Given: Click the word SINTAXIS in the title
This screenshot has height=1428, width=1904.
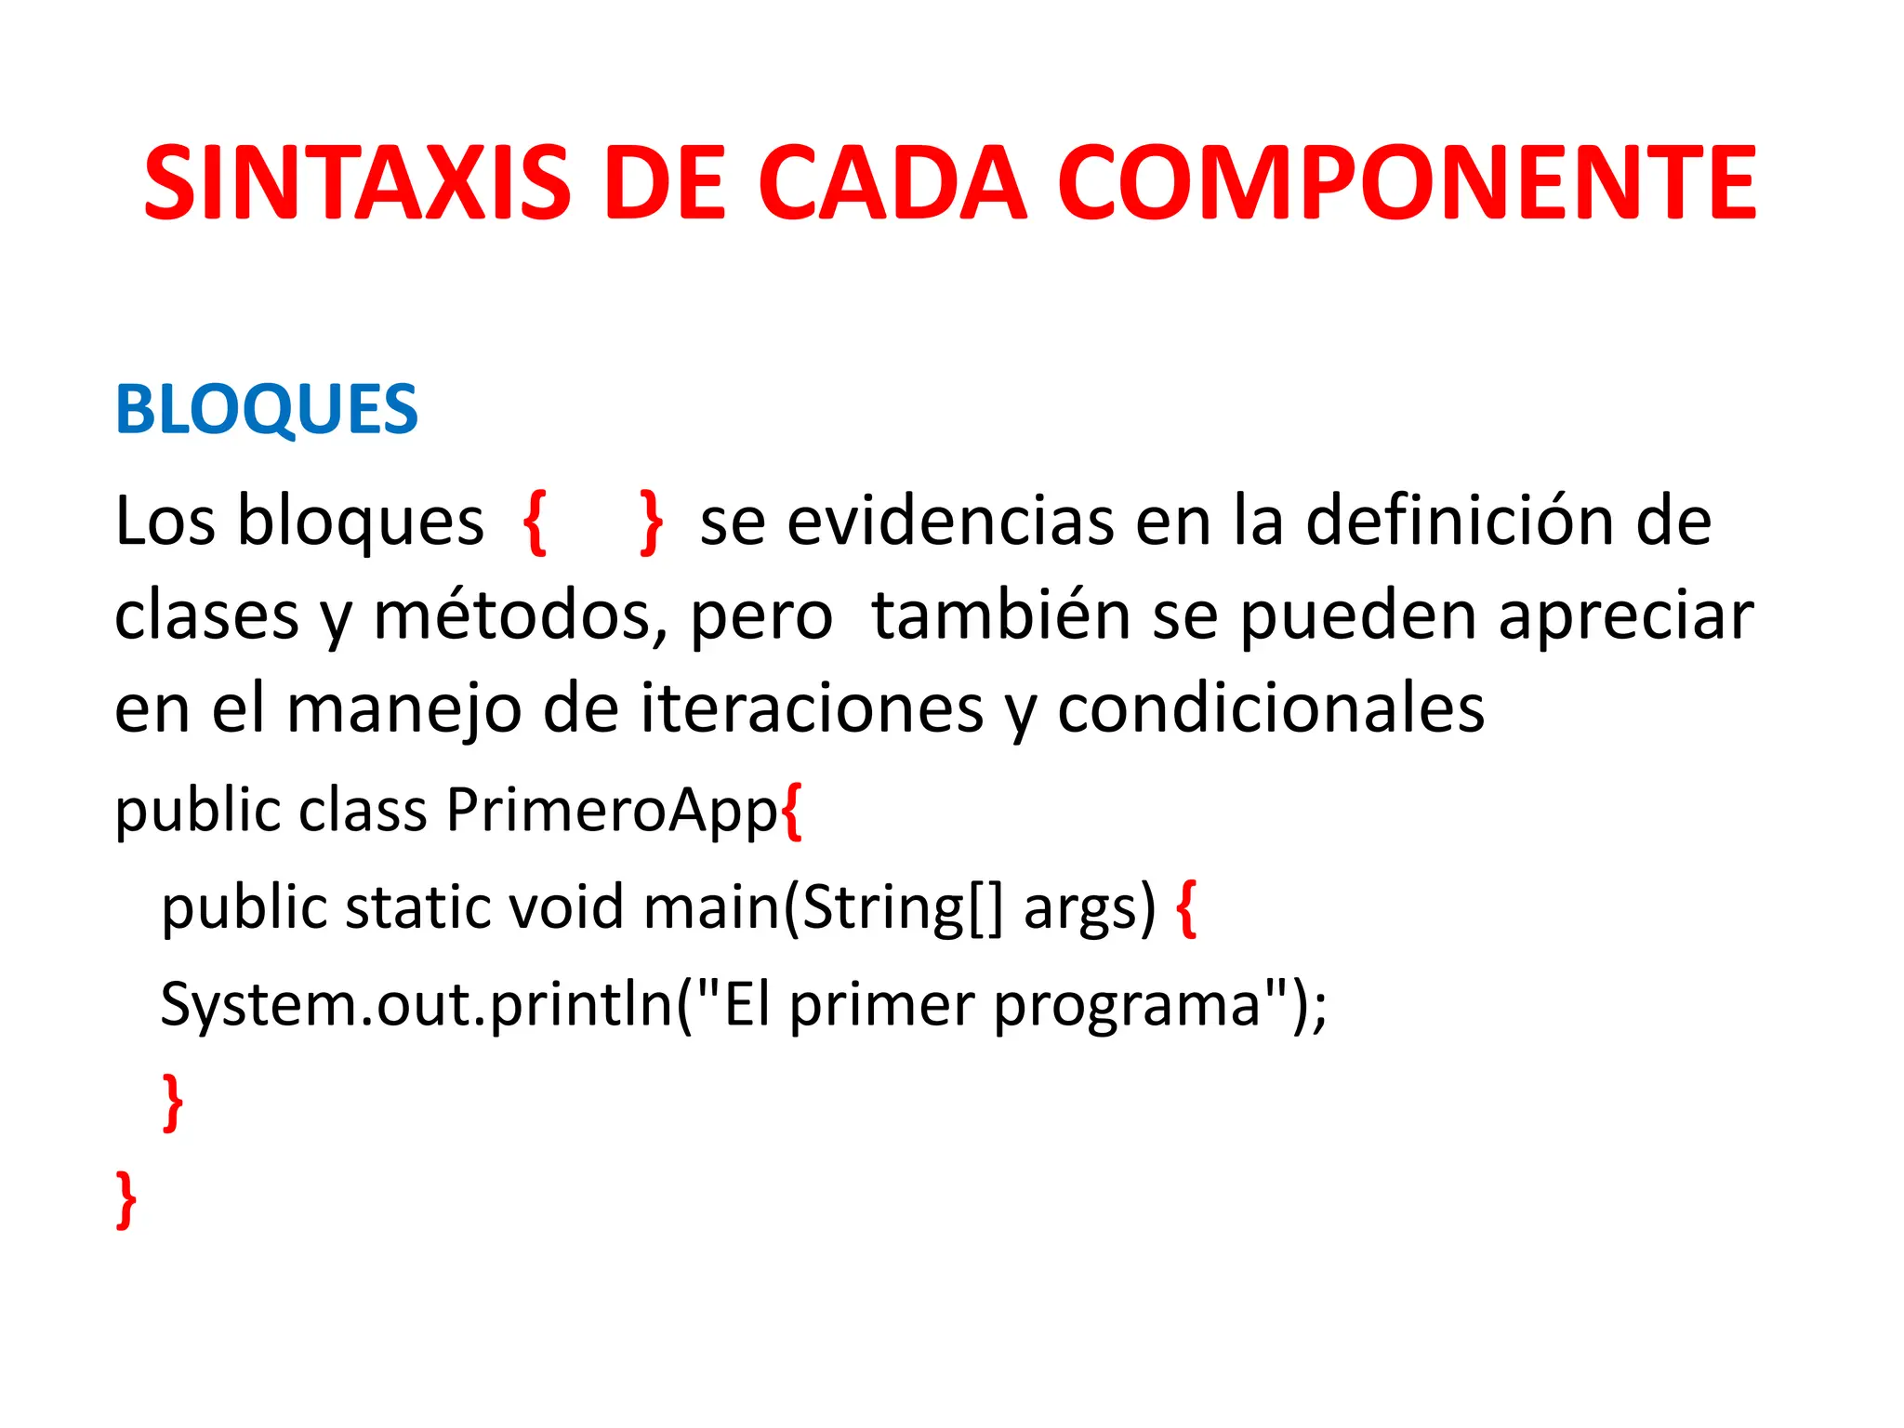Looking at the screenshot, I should pyautogui.click(x=358, y=183).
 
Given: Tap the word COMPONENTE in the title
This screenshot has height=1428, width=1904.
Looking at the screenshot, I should pyautogui.click(x=1407, y=183).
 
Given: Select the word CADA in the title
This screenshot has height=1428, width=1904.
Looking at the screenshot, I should pyautogui.click(x=892, y=183).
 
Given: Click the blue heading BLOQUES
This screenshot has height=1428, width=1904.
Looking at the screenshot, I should pyautogui.click(x=267, y=409).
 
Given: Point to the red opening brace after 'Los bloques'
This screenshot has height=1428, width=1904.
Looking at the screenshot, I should pyautogui.click(x=535, y=522).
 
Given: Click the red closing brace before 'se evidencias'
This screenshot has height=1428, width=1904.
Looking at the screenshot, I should pyautogui.click(x=652, y=522).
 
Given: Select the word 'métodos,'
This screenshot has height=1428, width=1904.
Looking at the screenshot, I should pyautogui.click(x=521, y=615).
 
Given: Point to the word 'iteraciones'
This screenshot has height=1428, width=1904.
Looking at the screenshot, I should pyautogui.click(x=812, y=708).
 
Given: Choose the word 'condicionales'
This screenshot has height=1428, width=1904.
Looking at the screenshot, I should pyautogui.click(x=1271, y=708).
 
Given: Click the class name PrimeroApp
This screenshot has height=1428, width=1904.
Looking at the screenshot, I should pyautogui.click(x=612, y=811).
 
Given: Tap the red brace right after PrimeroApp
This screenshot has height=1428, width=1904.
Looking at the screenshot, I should pyautogui.click(x=792, y=812).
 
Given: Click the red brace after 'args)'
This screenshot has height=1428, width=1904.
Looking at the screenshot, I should pyautogui.click(x=1186, y=909).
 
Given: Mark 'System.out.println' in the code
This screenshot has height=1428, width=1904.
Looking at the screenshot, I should pyautogui.click(x=416, y=1004).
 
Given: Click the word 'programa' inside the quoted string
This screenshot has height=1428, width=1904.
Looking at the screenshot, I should pyautogui.click(x=1127, y=1007).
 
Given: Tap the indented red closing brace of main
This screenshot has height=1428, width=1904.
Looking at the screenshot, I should pyautogui.click(x=173, y=1102).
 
